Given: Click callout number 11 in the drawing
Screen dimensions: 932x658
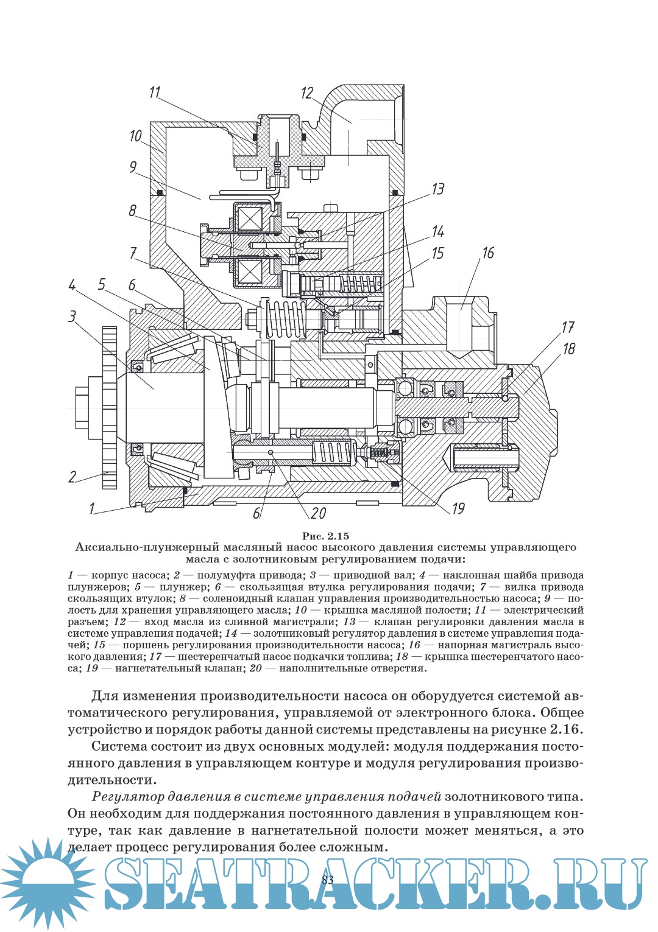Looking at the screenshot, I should tap(155, 92).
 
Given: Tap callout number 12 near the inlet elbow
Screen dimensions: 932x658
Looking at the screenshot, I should tap(307, 93).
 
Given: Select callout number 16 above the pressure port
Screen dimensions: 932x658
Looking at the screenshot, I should tap(488, 253).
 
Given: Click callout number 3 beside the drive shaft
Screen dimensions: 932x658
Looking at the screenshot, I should tap(73, 317).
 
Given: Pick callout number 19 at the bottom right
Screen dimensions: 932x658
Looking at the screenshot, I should tap(458, 508).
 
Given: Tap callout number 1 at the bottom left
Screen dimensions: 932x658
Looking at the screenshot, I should tap(92, 508).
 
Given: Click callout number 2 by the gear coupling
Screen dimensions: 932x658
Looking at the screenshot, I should tap(73, 477).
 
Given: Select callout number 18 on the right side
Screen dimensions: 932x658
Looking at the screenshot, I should tap(569, 349).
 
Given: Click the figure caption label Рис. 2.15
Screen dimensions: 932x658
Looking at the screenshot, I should tap(326, 536).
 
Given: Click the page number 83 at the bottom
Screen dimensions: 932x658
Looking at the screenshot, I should tap(328, 879).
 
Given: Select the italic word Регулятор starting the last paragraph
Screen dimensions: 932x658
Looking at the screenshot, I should tap(128, 796).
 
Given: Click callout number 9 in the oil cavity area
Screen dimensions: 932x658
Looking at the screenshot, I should tap(133, 167).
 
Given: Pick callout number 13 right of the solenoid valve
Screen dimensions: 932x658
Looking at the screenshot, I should tap(438, 189).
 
